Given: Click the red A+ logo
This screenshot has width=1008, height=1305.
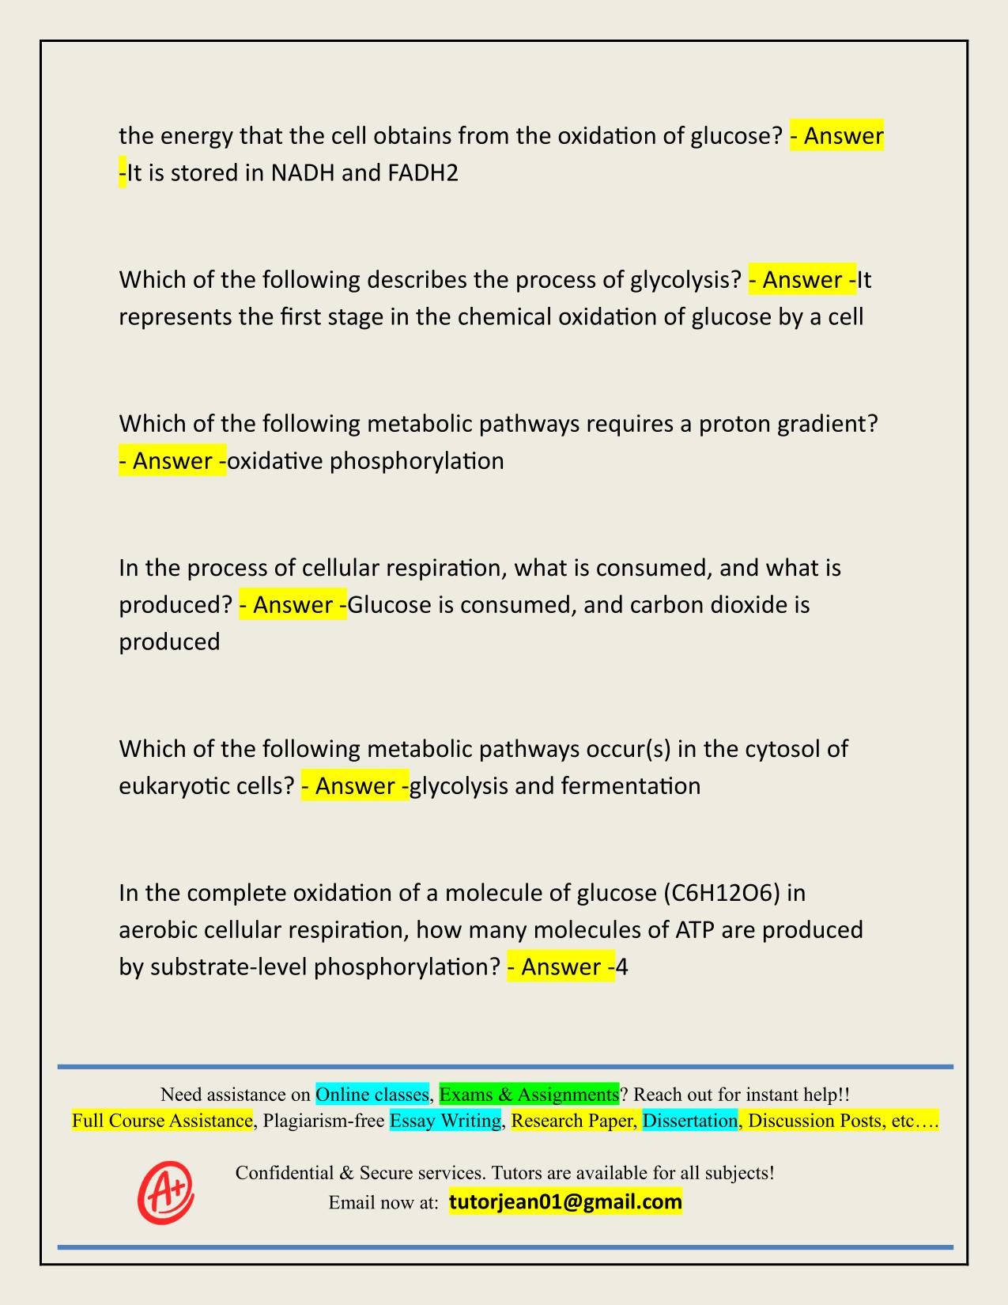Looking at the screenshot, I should [x=165, y=1192].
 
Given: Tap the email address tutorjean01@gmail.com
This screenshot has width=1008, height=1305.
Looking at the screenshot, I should [x=565, y=1202].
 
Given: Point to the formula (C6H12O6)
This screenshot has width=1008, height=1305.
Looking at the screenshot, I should [x=723, y=893].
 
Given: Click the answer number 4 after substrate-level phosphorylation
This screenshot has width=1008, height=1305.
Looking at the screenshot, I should [x=622, y=966].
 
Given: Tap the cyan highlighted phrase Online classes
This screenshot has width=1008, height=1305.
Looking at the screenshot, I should [x=372, y=1095].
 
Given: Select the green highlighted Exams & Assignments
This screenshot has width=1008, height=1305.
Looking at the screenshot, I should [x=529, y=1095].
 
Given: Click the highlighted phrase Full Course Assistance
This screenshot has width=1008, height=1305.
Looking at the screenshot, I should [x=162, y=1121].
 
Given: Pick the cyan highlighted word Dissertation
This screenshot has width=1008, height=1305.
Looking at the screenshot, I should [x=689, y=1121].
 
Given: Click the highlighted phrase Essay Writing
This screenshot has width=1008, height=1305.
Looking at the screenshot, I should [x=446, y=1121].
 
